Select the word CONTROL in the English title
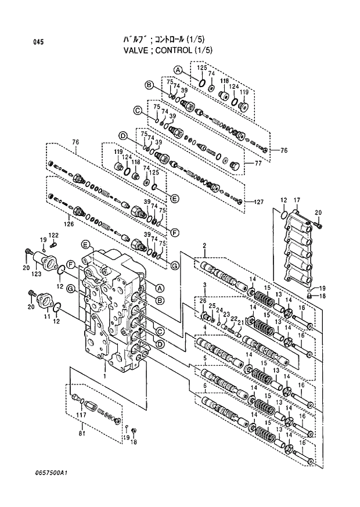pyautogui.click(x=172, y=50)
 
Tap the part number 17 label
pyautogui.click(x=296, y=200)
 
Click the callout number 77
pyautogui.click(x=258, y=164)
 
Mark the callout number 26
pyautogui.click(x=203, y=300)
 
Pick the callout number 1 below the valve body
pyautogui.click(x=105, y=377)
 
